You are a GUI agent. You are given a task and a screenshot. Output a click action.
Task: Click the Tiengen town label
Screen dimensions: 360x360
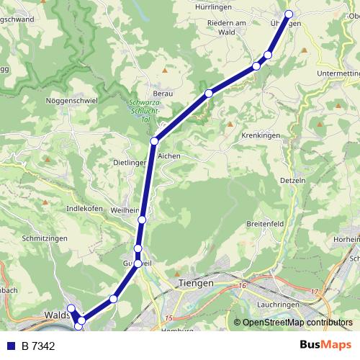(x=195, y=284)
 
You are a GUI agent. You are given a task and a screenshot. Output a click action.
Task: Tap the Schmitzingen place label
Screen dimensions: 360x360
(x=45, y=238)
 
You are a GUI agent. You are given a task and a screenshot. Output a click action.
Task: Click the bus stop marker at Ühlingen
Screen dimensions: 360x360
(x=289, y=14)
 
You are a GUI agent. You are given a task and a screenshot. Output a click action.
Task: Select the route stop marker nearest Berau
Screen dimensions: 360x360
(x=209, y=93)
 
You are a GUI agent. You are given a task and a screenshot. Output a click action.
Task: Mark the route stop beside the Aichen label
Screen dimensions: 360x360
(x=154, y=141)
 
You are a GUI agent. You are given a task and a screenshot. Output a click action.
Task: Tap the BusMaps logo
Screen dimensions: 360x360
(x=325, y=345)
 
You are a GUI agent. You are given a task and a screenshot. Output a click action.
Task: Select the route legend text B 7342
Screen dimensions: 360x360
(x=38, y=346)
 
